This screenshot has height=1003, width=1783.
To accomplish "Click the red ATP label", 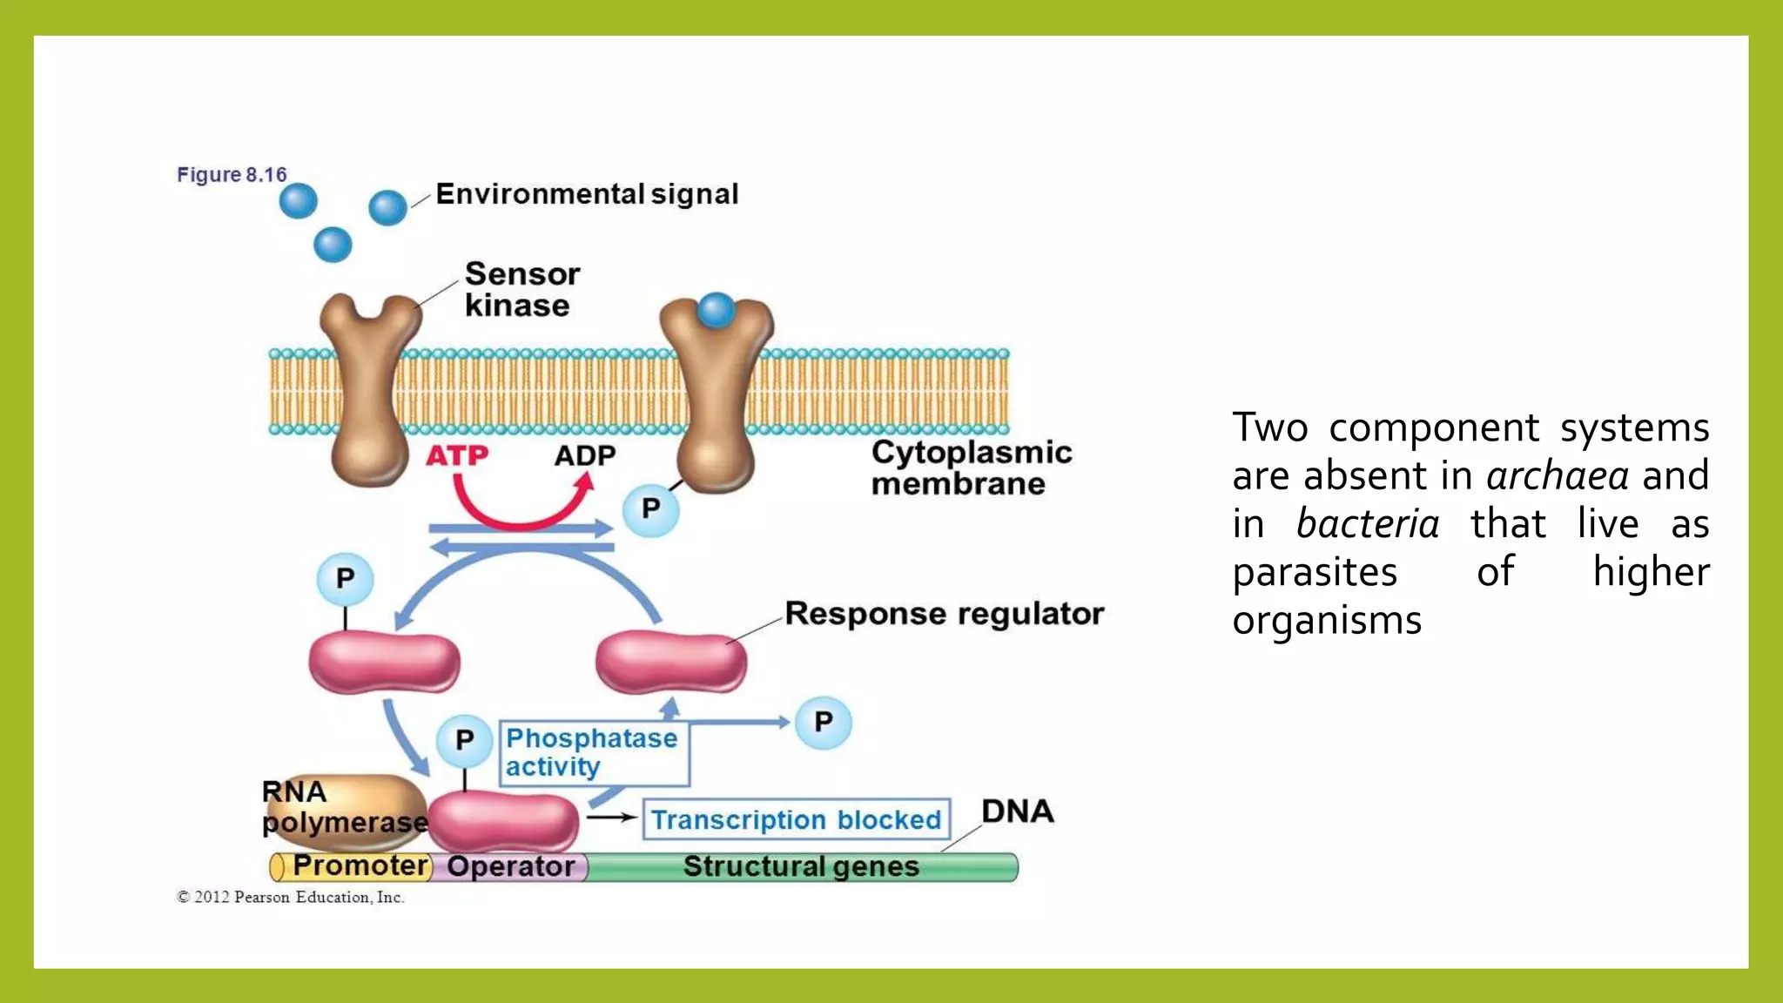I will [x=456, y=455].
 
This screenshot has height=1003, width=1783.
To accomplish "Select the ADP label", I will [x=585, y=455].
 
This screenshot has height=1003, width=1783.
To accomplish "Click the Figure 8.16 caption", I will [x=232, y=174].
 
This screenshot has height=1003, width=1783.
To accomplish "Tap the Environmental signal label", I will [x=587, y=193].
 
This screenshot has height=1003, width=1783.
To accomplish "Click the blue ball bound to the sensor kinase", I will [x=717, y=310].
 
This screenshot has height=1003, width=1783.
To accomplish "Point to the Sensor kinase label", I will [x=521, y=290].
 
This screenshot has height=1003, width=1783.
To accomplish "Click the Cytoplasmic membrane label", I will [x=971, y=468].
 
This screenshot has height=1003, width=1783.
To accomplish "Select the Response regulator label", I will [x=944, y=613].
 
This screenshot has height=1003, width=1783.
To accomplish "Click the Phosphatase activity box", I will [x=594, y=753].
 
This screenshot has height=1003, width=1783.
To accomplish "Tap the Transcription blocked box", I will [x=796, y=819].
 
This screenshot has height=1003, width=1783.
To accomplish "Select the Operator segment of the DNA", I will [x=511, y=866].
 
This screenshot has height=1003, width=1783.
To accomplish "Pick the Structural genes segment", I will [x=801, y=866].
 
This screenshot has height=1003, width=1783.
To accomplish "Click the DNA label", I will [x=1017, y=811].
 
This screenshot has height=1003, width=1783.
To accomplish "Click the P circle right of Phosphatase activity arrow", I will [x=823, y=722].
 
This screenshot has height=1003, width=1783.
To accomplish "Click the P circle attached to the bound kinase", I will [x=650, y=508].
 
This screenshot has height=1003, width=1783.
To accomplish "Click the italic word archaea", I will [x=1557, y=476].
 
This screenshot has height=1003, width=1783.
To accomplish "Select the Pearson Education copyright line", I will [x=291, y=897].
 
